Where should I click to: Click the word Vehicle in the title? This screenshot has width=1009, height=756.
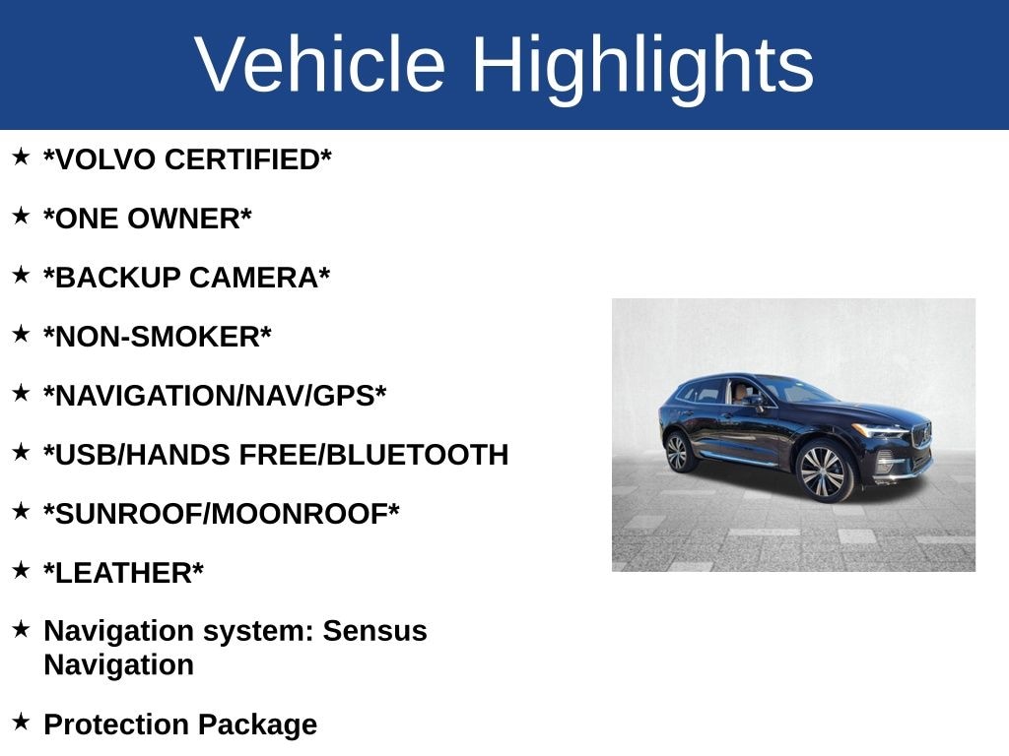coord(320,65)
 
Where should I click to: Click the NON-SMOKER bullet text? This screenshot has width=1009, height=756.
coord(158,337)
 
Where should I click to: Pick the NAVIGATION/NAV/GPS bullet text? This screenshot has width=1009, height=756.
coord(215,396)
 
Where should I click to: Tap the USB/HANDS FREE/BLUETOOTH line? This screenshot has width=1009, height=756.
coord(276,455)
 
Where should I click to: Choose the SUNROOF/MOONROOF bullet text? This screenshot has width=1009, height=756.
coord(222,514)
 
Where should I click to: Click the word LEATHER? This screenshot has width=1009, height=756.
coord(124,573)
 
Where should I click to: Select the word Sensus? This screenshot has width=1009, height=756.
coord(374,631)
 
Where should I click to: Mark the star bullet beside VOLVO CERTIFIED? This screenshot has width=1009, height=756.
coord(21,157)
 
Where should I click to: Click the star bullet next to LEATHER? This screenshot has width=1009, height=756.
coord(21,571)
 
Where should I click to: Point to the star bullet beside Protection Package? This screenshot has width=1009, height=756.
coord(21,723)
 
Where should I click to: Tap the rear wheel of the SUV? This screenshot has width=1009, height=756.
coord(677,452)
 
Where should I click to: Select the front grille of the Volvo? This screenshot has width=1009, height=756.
coord(922,435)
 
